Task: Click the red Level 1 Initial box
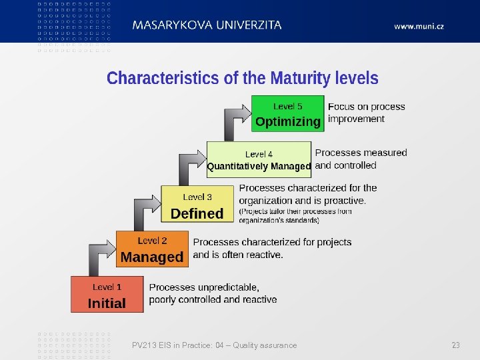pyautogui.click(x=107, y=295)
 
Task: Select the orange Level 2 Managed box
pyautogui.click(x=152, y=249)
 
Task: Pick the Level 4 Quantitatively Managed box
pyautogui.click(x=259, y=160)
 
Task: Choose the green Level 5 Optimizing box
pyautogui.click(x=287, y=114)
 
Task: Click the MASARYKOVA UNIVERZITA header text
pyautogui.click(x=207, y=25)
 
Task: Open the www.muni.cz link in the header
pyautogui.click(x=419, y=26)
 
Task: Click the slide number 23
pyautogui.click(x=456, y=345)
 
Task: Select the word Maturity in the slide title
pyautogui.click(x=300, y=79)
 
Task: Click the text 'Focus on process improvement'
pyautogui.click(x=366, y=113)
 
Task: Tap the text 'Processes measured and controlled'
pyautogui.click(x=361, y=159)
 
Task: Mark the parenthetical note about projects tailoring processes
pyautogui.click(x=295, y=215)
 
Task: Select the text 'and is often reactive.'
pyautogui.click(x=238, y=255)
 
